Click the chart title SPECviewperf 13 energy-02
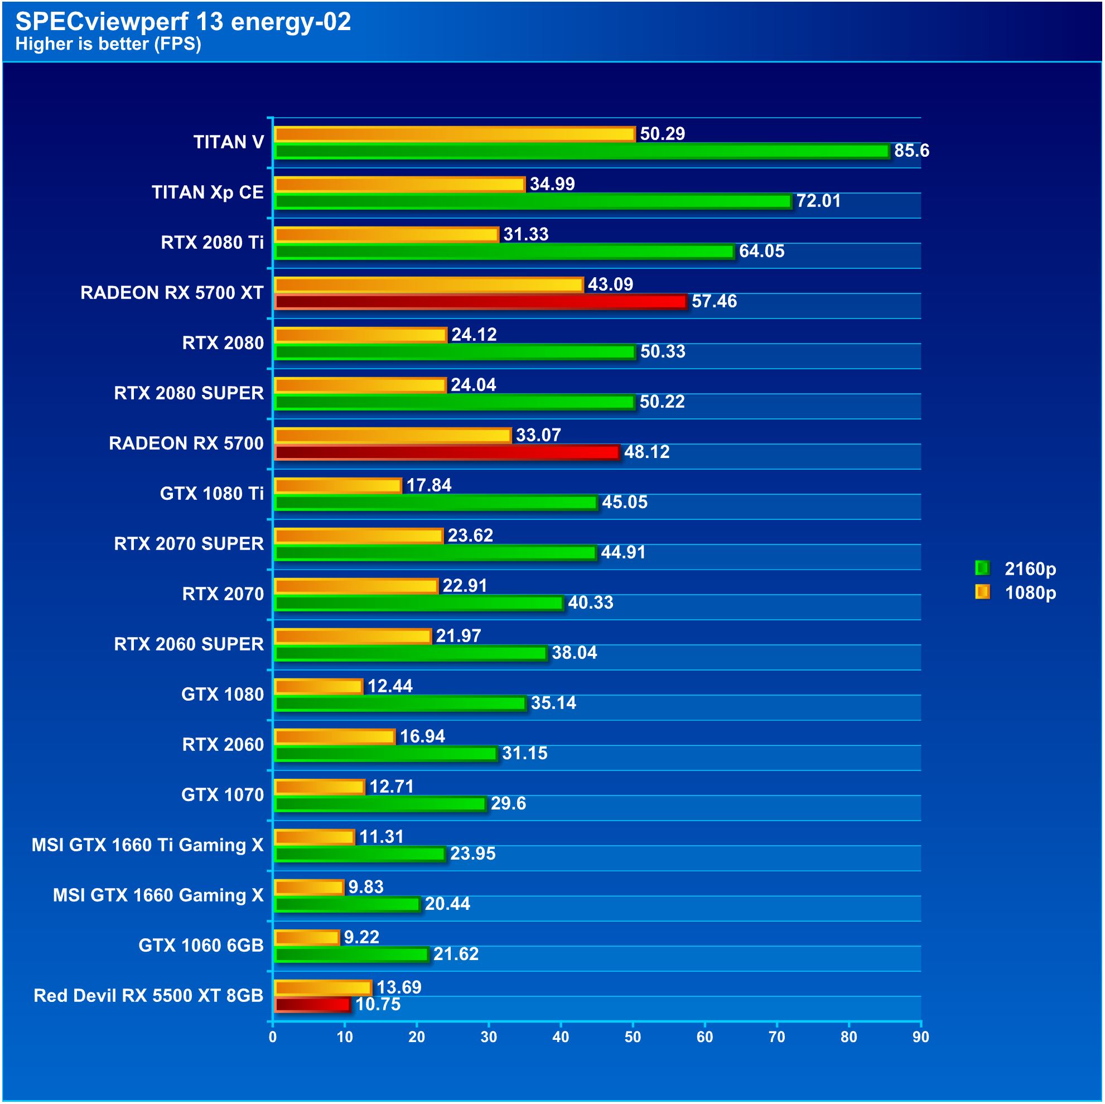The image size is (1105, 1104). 182,22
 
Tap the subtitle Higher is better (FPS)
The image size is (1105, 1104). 108,44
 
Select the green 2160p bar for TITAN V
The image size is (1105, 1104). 581,151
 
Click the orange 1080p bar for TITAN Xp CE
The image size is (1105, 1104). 399,184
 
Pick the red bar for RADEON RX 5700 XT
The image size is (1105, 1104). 480,301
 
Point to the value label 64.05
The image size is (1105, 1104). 761,251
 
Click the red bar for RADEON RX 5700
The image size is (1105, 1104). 447,452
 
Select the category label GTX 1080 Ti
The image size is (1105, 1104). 211,493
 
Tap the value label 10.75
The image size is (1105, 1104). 378,1004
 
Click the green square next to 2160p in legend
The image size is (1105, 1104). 982,568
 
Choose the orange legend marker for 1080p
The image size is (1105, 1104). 982,592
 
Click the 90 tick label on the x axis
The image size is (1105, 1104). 920,1036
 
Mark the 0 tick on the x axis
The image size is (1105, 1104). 273,1036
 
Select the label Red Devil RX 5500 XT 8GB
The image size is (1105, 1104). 148,995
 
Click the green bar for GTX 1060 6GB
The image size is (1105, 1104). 351,954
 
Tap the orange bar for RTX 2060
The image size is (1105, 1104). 335,736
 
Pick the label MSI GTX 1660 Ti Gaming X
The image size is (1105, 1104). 148,845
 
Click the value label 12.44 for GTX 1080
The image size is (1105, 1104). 389,686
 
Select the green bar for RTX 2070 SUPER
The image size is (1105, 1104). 435,553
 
